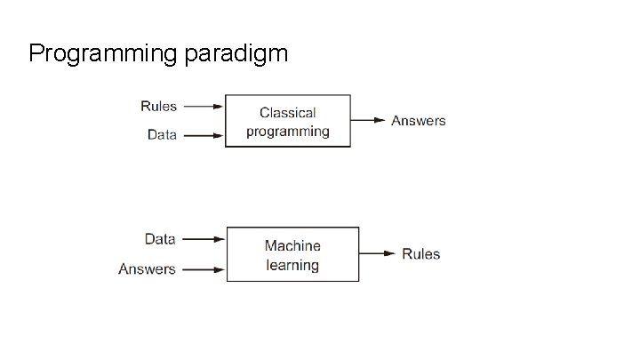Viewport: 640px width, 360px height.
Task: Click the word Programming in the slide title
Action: pyautogui.click(x=105, y=54)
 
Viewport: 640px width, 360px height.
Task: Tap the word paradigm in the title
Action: pyautogui.click(x=237, y=54)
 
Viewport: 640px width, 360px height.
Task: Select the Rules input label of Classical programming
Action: pyautogui.click(x=159, y=107)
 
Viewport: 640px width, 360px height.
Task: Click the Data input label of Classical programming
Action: pyautogui.click(x=162, y=135)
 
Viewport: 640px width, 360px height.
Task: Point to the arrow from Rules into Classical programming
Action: pyautogui.click(x=204, y=107)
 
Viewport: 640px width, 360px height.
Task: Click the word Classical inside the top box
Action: pyautogui.click(x=287, y=113)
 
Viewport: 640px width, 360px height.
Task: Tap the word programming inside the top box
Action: pyautogui.click(x=287, y=132)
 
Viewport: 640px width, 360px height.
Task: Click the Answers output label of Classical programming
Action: pyautogui.click(x=419, y=121)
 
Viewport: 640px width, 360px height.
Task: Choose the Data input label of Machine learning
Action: pyautogui.click(x=160, y=239)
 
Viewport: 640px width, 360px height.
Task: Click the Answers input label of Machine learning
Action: pyautogui.click(x=147, y=268)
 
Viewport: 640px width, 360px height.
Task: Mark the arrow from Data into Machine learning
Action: pyautogui.click(x=205, y=239)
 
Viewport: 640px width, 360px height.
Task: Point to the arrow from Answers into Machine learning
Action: pyautogui.click(x=205, y=268)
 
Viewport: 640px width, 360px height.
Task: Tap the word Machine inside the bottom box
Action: pyautogui.click(x=292, y=245)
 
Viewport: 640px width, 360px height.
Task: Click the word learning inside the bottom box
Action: pyautogui.click(x=292, y=265)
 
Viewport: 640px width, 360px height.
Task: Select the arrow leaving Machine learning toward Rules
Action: pyautogui.click(x=377, y=254)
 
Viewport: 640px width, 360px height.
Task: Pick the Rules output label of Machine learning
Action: pyautogui.click(x=420, y=254)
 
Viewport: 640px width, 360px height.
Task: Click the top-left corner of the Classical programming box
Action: pyautogui.click(x=225, y=95)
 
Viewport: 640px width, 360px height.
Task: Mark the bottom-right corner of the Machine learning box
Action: pyautogui.click(x=359, y=281)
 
